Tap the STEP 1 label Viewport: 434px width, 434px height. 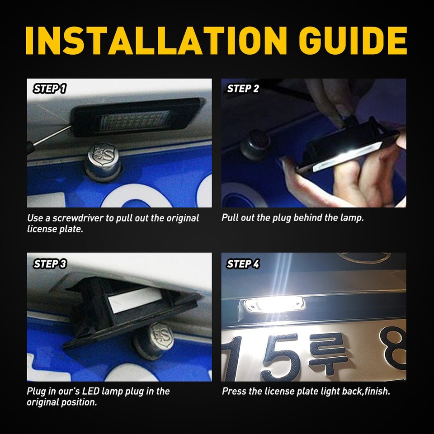pyautogui.click(x=50, y=89)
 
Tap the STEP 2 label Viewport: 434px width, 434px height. pyautogui.click(x=243, y=89)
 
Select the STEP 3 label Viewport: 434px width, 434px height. pyautogui.click(x=50, y=264)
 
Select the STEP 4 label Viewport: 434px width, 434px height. pyautogui.click(x=243, y=264)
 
